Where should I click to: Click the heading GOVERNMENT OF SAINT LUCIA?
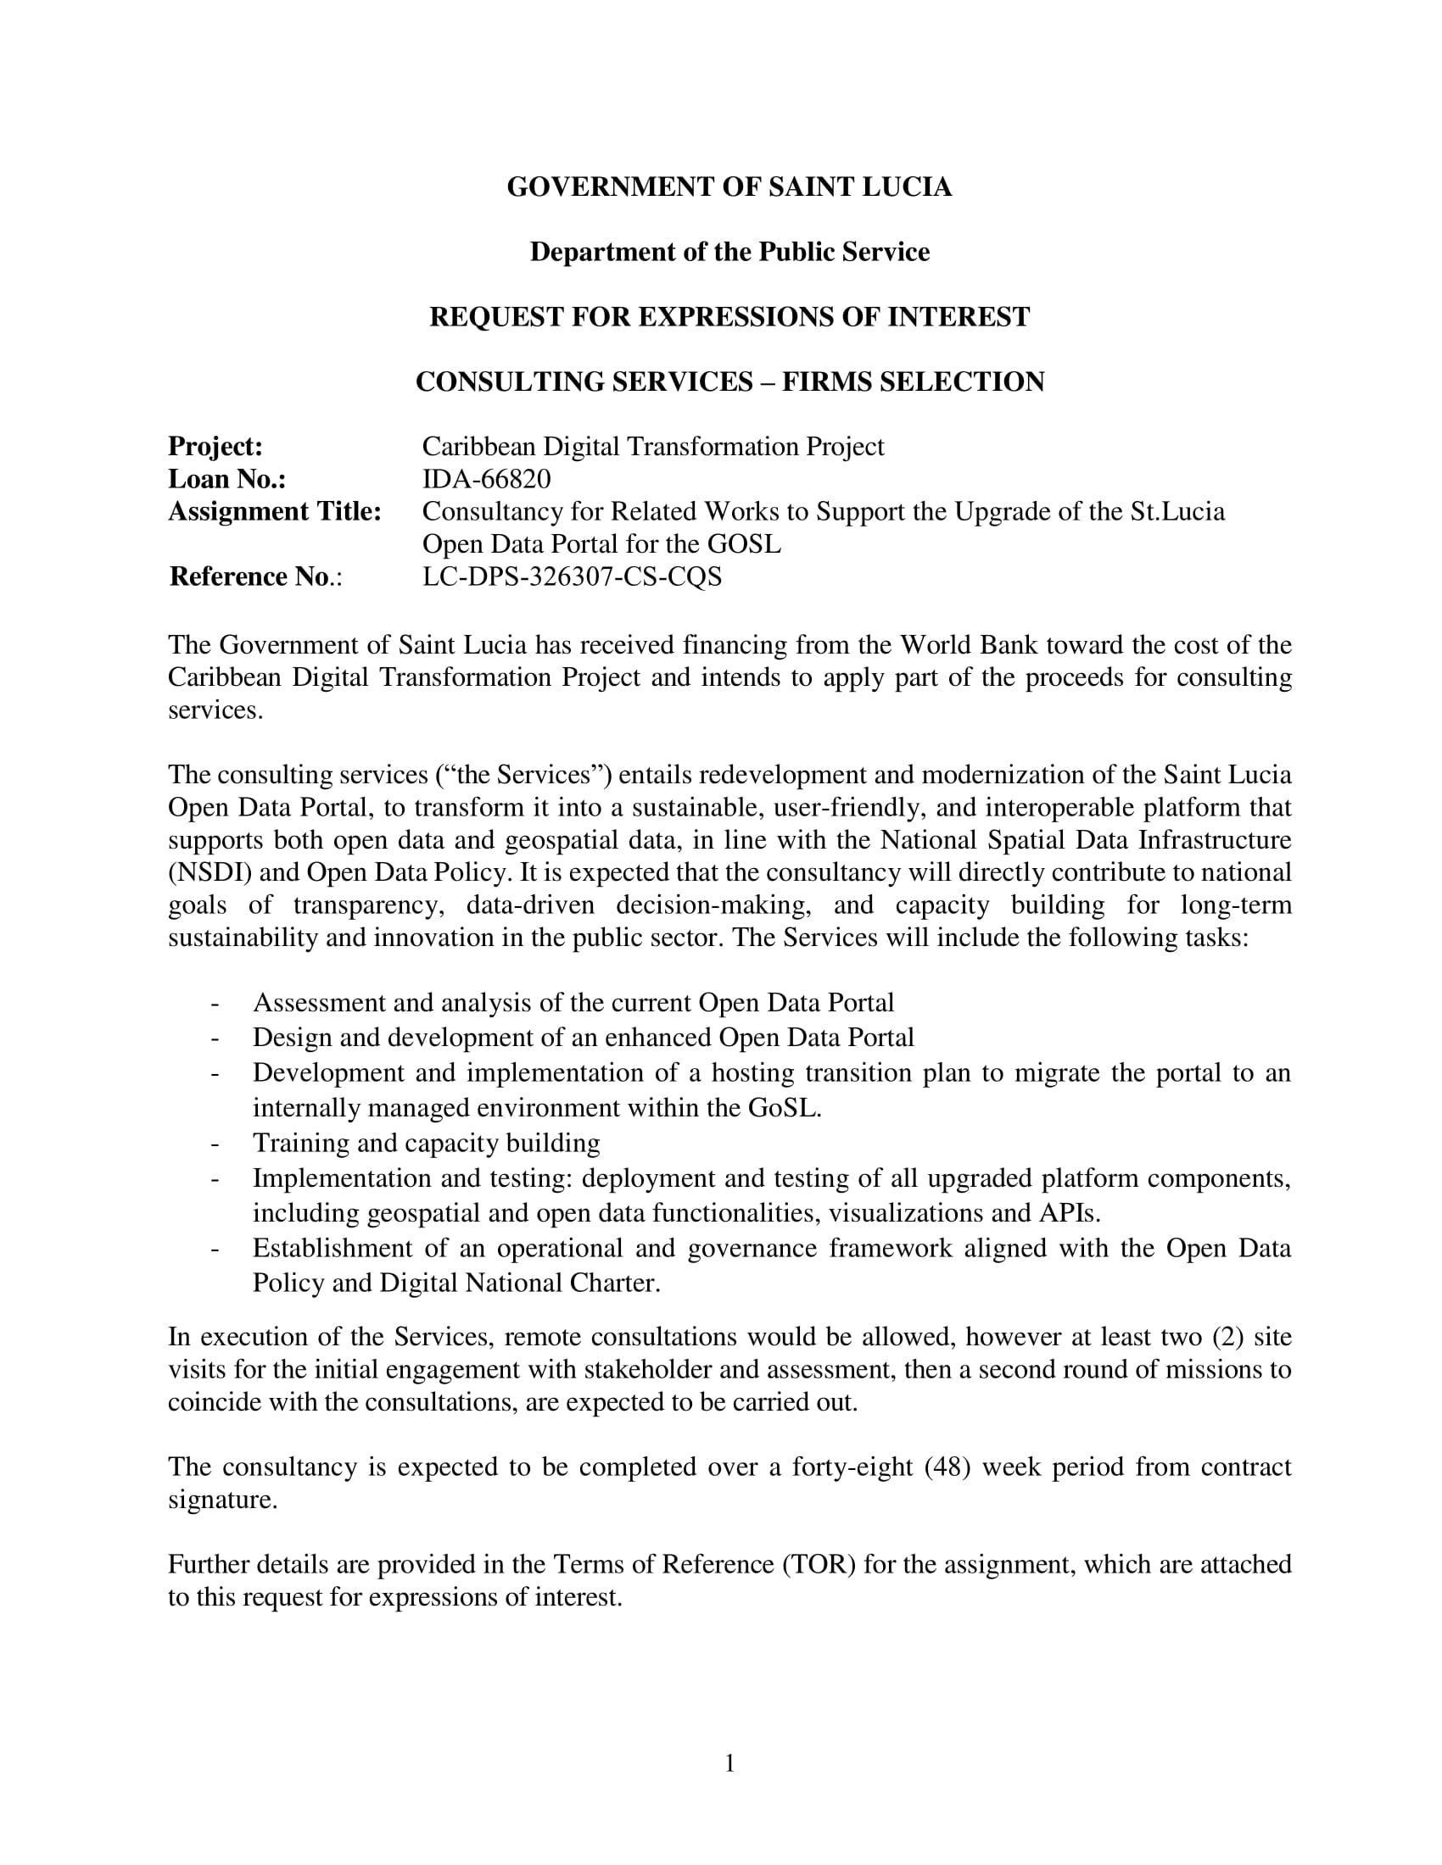[x=729, y=187]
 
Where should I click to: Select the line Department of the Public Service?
[x=729, y=252]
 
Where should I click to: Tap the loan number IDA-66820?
[x=486, y=479]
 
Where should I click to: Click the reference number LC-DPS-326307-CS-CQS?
[x=572, y=577]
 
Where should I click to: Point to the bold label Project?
[x=215, y=447]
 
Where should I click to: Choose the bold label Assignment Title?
[x=274, y=511]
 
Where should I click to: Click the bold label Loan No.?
[x=226, y=479]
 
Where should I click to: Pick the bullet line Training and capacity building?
[x=426, y=1143]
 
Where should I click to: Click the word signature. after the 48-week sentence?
[x=223, y=1499]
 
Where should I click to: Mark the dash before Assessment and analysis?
[x=215, y=1003]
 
